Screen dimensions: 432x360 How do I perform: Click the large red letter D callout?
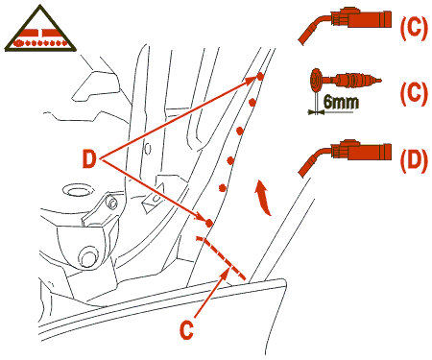(89, 159)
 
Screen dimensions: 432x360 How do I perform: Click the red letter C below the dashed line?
(186, 330)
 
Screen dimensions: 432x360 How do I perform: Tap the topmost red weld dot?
(260, 77)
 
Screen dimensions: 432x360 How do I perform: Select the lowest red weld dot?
(208, 223)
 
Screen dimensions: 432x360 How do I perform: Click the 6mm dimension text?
(341, 102)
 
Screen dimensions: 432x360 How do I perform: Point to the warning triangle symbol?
(40, 29)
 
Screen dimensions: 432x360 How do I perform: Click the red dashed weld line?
(221, 257)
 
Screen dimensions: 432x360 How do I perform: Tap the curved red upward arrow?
(263, 197)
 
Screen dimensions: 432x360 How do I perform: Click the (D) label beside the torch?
(414, 160)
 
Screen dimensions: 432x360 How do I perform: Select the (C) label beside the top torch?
(414, 28)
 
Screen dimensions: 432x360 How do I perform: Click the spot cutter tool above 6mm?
(345, 80)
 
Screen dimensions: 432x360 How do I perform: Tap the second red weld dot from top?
(252, 103)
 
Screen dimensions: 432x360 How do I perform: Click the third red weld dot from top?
(240, 131)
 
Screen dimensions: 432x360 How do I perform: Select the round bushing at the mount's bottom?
(88, 256)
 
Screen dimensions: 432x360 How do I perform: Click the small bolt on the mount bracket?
(112, 204)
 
